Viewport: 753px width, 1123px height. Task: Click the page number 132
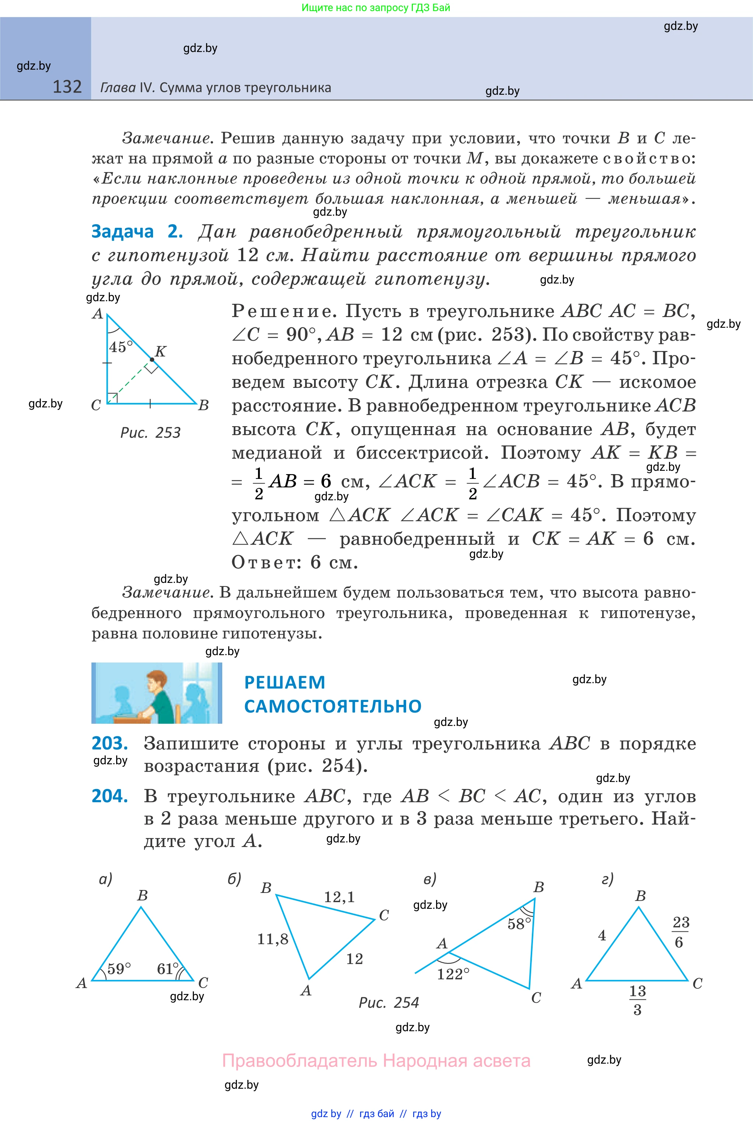pos(67,87)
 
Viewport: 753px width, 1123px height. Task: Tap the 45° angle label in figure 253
pos(120,346)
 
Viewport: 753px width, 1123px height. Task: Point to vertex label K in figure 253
pos(160,351)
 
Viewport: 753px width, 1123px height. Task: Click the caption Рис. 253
pos(150,433)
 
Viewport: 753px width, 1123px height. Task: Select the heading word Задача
pos(122,232)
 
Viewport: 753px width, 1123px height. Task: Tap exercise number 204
pos(109,796)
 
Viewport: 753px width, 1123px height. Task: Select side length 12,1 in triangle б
pos(339,897)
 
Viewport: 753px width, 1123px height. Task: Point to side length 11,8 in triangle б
pos(272,939)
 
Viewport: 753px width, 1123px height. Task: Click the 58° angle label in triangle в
pos(519,924)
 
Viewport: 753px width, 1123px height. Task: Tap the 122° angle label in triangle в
pos(453,974)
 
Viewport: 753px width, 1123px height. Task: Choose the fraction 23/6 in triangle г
pos(680,932)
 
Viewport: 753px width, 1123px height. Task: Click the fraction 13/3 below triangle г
pos(637,999)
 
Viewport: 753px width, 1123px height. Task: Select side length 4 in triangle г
pos(602,935)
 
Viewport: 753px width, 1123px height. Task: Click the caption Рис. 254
pos(388,1002)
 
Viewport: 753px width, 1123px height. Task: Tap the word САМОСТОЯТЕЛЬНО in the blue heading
pos(332,706)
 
